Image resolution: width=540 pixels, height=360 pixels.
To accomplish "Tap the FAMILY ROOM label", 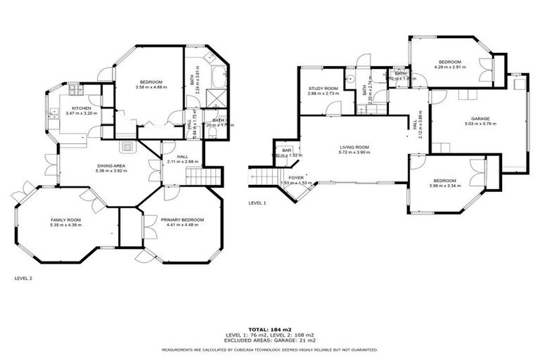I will [65, 220].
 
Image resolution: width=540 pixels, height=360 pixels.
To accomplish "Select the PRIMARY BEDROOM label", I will [182, 220].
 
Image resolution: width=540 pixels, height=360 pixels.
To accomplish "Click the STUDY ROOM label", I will [323, 89].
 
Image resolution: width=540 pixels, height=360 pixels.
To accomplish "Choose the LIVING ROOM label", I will [354, 147].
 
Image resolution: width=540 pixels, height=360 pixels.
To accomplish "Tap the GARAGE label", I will [480, 119].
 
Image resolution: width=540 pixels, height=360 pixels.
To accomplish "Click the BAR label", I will [287, 150].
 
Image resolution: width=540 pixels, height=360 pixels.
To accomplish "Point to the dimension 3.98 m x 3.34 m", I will [446, 186].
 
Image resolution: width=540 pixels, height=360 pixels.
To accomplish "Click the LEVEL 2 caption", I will [24, 278].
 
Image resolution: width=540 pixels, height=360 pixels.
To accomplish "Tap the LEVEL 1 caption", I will [257, 202].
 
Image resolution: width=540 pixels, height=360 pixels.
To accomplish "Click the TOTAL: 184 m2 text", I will [269, 328].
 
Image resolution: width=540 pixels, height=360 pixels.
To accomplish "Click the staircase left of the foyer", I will [264, 176].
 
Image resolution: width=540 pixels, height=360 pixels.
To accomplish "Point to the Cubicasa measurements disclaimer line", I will [269, 349].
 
